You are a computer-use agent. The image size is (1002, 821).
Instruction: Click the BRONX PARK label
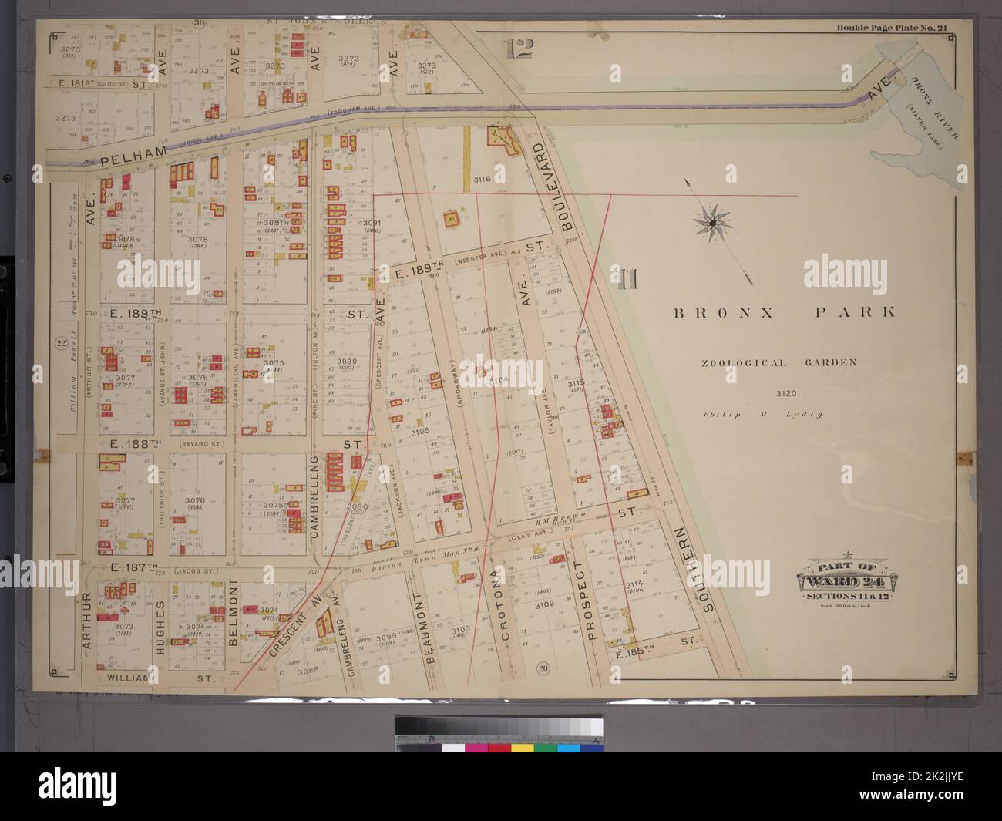click(785, 313)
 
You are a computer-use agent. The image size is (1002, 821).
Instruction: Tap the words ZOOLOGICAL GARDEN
click(778, 362)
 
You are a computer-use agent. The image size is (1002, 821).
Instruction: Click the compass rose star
click(712, 223)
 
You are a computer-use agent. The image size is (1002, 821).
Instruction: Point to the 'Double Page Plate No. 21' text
click(892, 29)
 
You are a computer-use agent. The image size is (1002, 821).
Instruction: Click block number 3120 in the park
click(776, 394)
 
